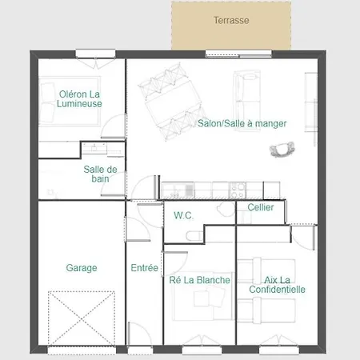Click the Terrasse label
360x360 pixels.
tap(231, 20)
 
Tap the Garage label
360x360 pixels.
tap(82, 268)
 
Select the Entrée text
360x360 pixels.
tap(144, 268)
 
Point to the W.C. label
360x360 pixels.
tap(183, 215)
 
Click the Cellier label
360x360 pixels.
tap(261, 207)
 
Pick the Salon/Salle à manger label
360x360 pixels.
tap(242, 123)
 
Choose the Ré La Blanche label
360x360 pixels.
tap(199, 280)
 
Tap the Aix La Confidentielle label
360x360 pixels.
tap(277, 285)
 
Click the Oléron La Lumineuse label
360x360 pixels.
tap(79, 98)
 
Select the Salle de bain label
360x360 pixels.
tap(100, 174)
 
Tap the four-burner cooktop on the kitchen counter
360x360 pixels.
tap(238, 190)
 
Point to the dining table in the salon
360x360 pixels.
tap(173, 102)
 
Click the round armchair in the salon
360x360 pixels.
tap(282, 150)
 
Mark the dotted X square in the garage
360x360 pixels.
tap(82, 318)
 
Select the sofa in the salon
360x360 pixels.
tap(247, 101)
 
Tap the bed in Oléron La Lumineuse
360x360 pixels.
tap(70, 101)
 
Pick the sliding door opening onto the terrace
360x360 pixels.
tap(238, 55)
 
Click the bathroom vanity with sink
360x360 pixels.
tap(102, 149)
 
